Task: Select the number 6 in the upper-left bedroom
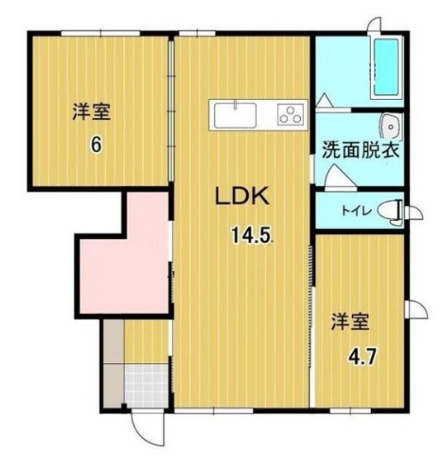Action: pos(97,144)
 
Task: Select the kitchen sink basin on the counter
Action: pos(236,113)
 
